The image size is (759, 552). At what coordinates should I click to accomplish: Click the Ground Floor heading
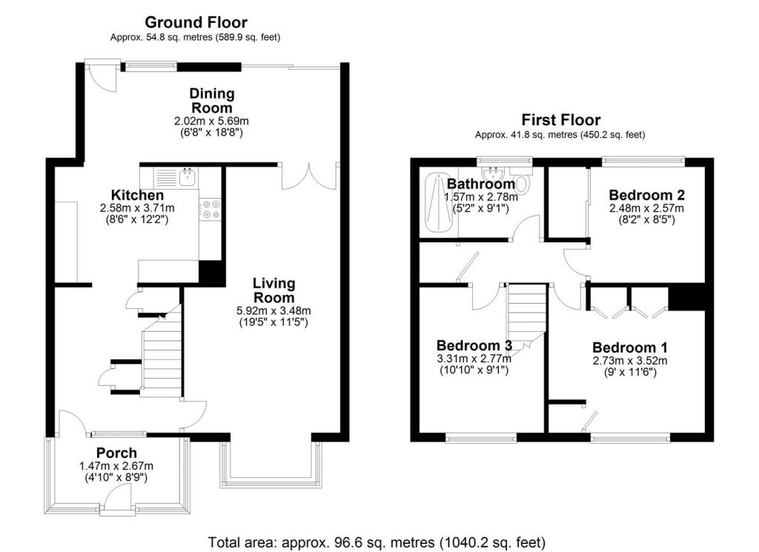[x=196, y=22]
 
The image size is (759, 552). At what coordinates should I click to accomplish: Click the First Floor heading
[x=560, y=119]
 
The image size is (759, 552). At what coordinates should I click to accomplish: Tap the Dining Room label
[x=212, y=101]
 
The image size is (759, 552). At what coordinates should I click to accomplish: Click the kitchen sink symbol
[x=185, y=177]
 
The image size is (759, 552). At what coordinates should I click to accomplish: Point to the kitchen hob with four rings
[x=211, y=208]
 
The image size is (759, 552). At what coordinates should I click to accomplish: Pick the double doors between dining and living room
[x=309, y=176]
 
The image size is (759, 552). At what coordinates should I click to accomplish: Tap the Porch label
[x=116, y=453]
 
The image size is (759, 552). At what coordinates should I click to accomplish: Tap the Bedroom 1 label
[x=624, y=348]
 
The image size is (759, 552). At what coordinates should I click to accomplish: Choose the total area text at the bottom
[x=377, y=540]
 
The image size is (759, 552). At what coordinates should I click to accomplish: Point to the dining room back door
[x=102, y=75]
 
